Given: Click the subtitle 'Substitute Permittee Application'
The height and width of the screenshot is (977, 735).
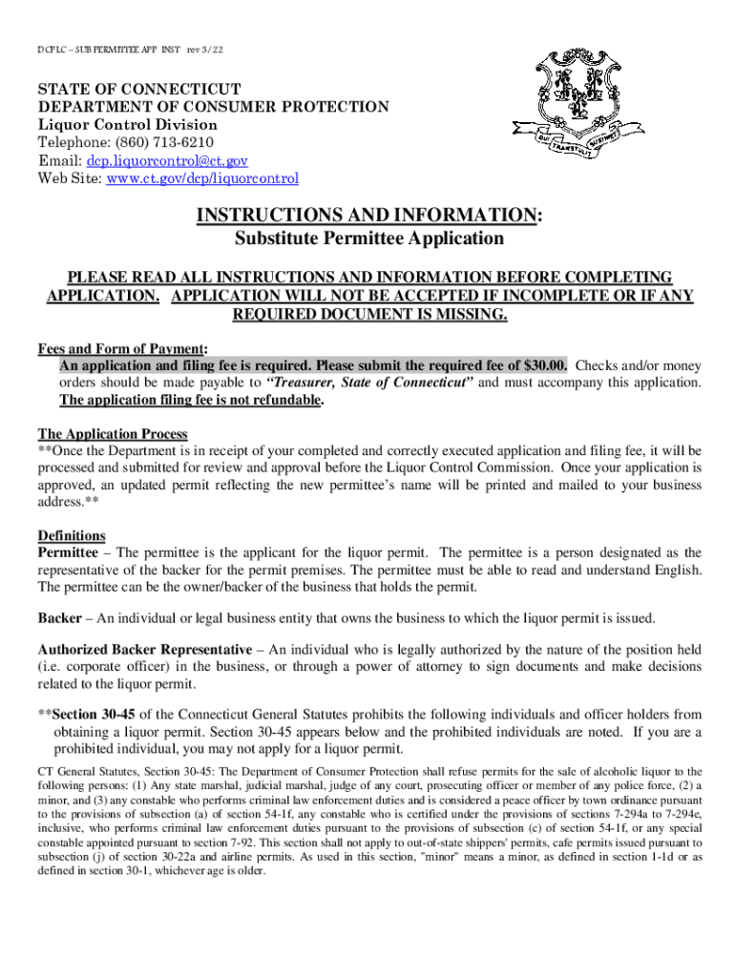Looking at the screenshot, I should tap(369, 239).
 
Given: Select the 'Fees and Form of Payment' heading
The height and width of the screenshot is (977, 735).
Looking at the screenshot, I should tap(121, 348).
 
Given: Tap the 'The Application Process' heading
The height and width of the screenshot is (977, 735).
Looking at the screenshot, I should tap(112, 433).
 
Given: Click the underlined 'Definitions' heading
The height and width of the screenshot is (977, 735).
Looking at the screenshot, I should tap(72, 535).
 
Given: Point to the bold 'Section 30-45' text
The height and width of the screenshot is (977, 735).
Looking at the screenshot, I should tap(96, 715).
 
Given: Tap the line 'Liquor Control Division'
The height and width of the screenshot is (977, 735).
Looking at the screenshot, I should tap(127, 125).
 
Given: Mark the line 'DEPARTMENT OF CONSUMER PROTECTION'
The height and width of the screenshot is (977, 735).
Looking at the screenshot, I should tap(213, 107).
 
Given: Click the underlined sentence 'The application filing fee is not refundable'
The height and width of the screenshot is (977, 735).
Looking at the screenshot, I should tap(190, 400).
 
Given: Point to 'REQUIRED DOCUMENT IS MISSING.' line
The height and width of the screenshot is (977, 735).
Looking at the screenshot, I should tap(369, 315).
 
